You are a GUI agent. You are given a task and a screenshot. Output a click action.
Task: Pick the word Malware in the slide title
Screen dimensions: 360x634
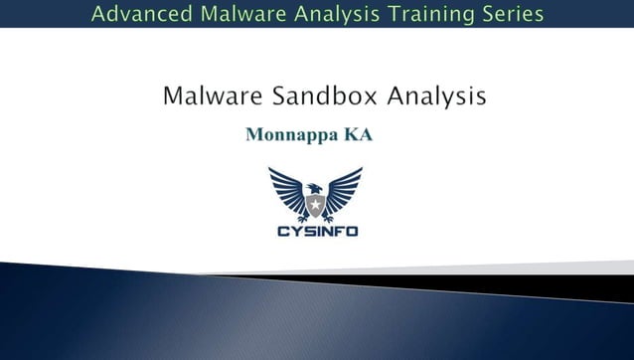pyautogui.click(x=204, y=96)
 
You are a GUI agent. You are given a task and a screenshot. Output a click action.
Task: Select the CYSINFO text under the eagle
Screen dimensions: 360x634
pyautogui.click(x=316, y=231)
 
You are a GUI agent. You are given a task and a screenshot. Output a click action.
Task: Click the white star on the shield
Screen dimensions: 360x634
pyautogui.click(x=315, y=207)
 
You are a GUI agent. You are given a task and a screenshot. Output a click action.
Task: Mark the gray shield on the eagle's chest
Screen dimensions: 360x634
pyautogui.click(x=315, y=208)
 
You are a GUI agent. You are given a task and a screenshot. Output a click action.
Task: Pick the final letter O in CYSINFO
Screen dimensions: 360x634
pyautogui.click(x=352, y=231)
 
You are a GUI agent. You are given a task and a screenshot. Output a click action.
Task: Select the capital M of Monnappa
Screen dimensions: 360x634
pyautogui.click(x=253, y=135)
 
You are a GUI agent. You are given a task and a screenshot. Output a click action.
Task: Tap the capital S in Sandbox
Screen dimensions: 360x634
pyautogui.click(x=263, y=96)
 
